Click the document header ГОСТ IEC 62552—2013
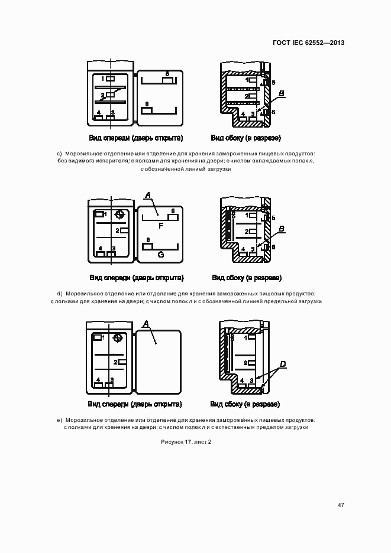tap(308, 43)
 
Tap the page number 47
tap(341, 505)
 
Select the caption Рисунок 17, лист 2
tap(186, 442)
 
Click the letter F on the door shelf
tap(161, 226)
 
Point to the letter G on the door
tap(161, 254)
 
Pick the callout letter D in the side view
tap(283, 364)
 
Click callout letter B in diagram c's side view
tap(282, 93)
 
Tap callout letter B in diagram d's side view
tap(282, 229)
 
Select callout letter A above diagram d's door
tap(148, 195)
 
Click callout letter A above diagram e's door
tap(144, 324)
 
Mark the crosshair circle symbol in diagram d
tap(119, 214)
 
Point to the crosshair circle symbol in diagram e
tap(118, 339)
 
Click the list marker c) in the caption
tap(59, 154)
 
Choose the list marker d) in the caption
tap(60, 294)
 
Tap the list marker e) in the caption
tap(59, 420)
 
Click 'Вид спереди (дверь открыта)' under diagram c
tap(136, 138)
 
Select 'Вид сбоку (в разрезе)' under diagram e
tap(245, 404)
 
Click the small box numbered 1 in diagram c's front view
tap(110, 79)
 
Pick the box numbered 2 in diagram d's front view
tap(124, 230)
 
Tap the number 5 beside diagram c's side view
tap(273, 83)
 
